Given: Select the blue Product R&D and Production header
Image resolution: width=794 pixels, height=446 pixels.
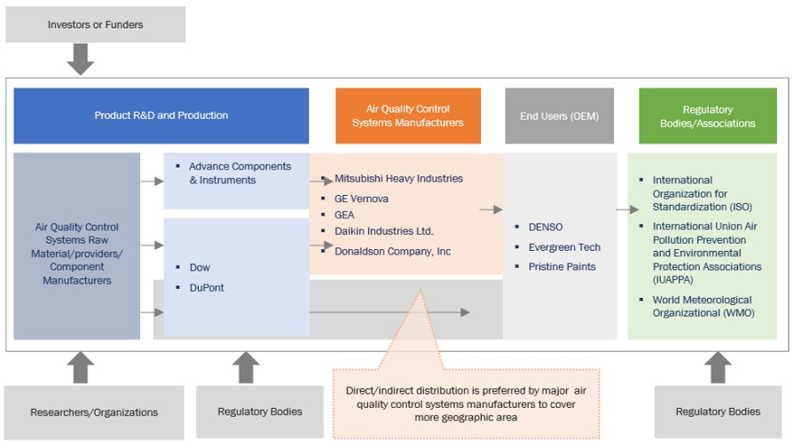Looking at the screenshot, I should point(161,115).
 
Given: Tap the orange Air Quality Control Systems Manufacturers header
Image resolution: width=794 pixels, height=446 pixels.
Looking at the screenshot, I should point(408,116).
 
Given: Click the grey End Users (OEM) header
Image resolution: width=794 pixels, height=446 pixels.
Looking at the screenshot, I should point(559,116).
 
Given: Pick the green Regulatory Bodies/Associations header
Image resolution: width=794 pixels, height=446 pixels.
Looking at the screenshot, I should point(707,116).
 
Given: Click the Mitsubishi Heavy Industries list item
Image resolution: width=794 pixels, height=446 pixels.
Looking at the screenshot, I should point(398,178).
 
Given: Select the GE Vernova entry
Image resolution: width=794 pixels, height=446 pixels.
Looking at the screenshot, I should point(361,199).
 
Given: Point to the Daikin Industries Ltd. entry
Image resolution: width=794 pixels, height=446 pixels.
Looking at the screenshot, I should point(383,231).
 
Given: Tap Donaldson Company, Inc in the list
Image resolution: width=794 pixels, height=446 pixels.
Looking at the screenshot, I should point(392,251).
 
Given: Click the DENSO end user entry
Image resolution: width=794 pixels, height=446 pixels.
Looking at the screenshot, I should point(546,227).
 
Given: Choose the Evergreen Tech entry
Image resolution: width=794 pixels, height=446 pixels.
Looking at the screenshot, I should point(564,247).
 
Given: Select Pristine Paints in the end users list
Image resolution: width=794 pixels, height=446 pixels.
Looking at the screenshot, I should point(562,267).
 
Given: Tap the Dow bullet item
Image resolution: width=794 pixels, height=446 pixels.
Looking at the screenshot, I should point(200,267).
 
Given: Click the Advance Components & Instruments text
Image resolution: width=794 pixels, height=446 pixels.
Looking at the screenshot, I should point(240,173).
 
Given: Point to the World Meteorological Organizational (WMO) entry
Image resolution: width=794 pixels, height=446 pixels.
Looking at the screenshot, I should point(702,306).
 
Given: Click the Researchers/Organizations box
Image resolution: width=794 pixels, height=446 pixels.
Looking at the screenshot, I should point(94,412).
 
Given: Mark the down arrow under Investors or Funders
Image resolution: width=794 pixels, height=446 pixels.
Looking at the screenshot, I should point(81,60).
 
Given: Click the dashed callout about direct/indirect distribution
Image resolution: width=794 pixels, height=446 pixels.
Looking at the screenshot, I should point(466,403).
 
